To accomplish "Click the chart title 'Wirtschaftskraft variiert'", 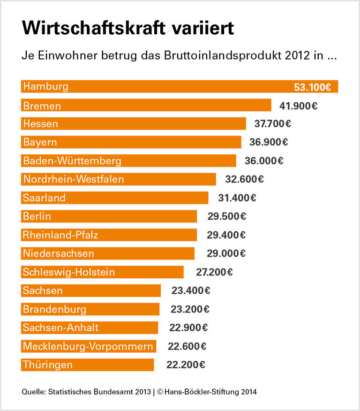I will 127,28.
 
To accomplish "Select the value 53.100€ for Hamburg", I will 313,87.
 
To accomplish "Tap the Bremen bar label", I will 42,106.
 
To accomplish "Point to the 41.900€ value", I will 299,106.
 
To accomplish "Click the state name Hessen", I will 41,124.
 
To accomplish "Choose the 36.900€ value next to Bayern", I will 269,142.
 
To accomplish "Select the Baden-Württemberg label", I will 72,161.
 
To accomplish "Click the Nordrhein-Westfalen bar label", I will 74,179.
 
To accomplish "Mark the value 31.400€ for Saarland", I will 237,198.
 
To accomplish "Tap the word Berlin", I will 37,216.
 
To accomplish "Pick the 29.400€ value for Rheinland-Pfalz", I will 226,235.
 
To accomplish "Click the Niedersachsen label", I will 59,253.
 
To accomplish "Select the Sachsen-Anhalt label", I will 61,327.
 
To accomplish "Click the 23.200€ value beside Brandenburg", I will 190,309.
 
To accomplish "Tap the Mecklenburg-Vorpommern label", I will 88,346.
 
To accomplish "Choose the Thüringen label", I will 48,365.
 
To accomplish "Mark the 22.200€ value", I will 186,365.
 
